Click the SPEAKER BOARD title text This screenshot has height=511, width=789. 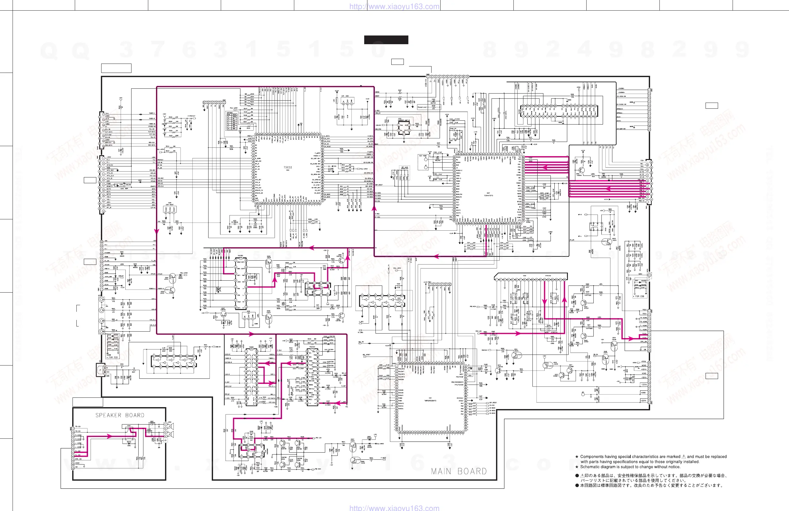[x=120, y=415]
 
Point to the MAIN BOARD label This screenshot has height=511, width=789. [x=459, y=471]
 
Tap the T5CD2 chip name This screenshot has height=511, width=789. [x=288, y=167]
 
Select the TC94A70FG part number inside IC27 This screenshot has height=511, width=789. [x=488, y=195]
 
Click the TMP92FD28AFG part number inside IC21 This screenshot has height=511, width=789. [x=430, y=400]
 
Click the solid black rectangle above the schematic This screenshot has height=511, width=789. [x=386, y=40]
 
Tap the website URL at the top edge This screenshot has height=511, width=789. [x=394, y=6]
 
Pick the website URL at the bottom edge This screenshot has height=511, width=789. [x=394, y=508]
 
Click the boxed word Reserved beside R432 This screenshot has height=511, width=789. [x=422, y=107]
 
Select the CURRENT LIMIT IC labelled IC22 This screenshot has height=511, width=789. [x=404, y=127]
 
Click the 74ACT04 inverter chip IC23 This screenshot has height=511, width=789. [x=382, y=301]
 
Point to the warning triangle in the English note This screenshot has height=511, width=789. [x=683, y=456]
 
